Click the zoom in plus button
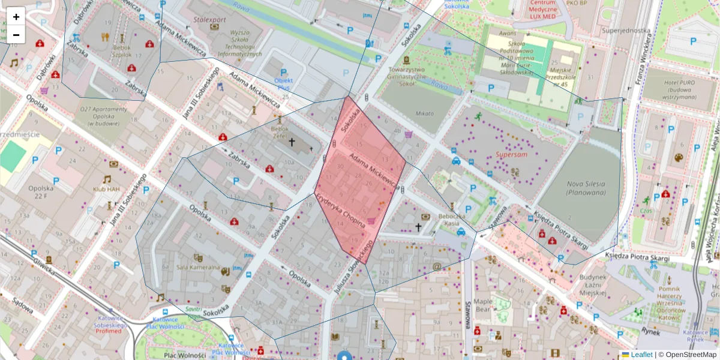click(16, 17)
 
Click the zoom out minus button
click(16, 35)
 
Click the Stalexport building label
click(210, 19)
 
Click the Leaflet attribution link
click(641, 355)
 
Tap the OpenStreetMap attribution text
click(687, 355)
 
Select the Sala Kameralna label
click(196, 267)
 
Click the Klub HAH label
click(107, 188)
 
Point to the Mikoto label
click(424, 113)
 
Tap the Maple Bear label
click(483, 305)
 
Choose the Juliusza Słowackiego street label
click(353, 266)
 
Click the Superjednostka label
click(626, 31)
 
